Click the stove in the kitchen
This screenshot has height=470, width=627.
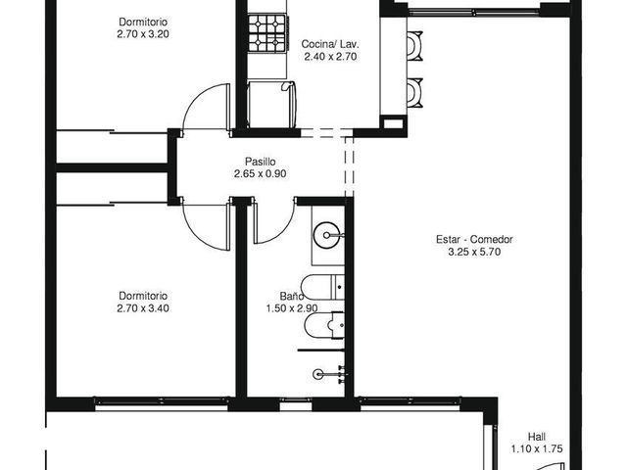267,32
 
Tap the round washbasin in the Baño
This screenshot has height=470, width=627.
327,235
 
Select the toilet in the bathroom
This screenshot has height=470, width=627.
323,287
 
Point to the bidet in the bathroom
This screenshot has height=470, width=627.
324,325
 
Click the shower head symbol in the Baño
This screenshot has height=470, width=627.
318,374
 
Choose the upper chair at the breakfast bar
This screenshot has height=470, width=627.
414,46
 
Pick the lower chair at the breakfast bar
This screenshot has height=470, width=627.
414,92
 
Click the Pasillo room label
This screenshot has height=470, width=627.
261,162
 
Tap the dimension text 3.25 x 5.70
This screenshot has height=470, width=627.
474,252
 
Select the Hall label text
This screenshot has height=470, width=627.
537,437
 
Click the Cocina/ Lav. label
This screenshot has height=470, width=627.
330,44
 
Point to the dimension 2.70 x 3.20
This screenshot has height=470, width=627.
143,34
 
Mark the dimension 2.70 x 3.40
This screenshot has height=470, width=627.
143,308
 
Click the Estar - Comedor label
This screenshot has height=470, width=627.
474,239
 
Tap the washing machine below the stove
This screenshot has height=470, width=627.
271,105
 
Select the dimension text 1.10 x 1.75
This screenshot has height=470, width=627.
537,449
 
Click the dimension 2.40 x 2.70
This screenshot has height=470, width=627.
330,57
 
